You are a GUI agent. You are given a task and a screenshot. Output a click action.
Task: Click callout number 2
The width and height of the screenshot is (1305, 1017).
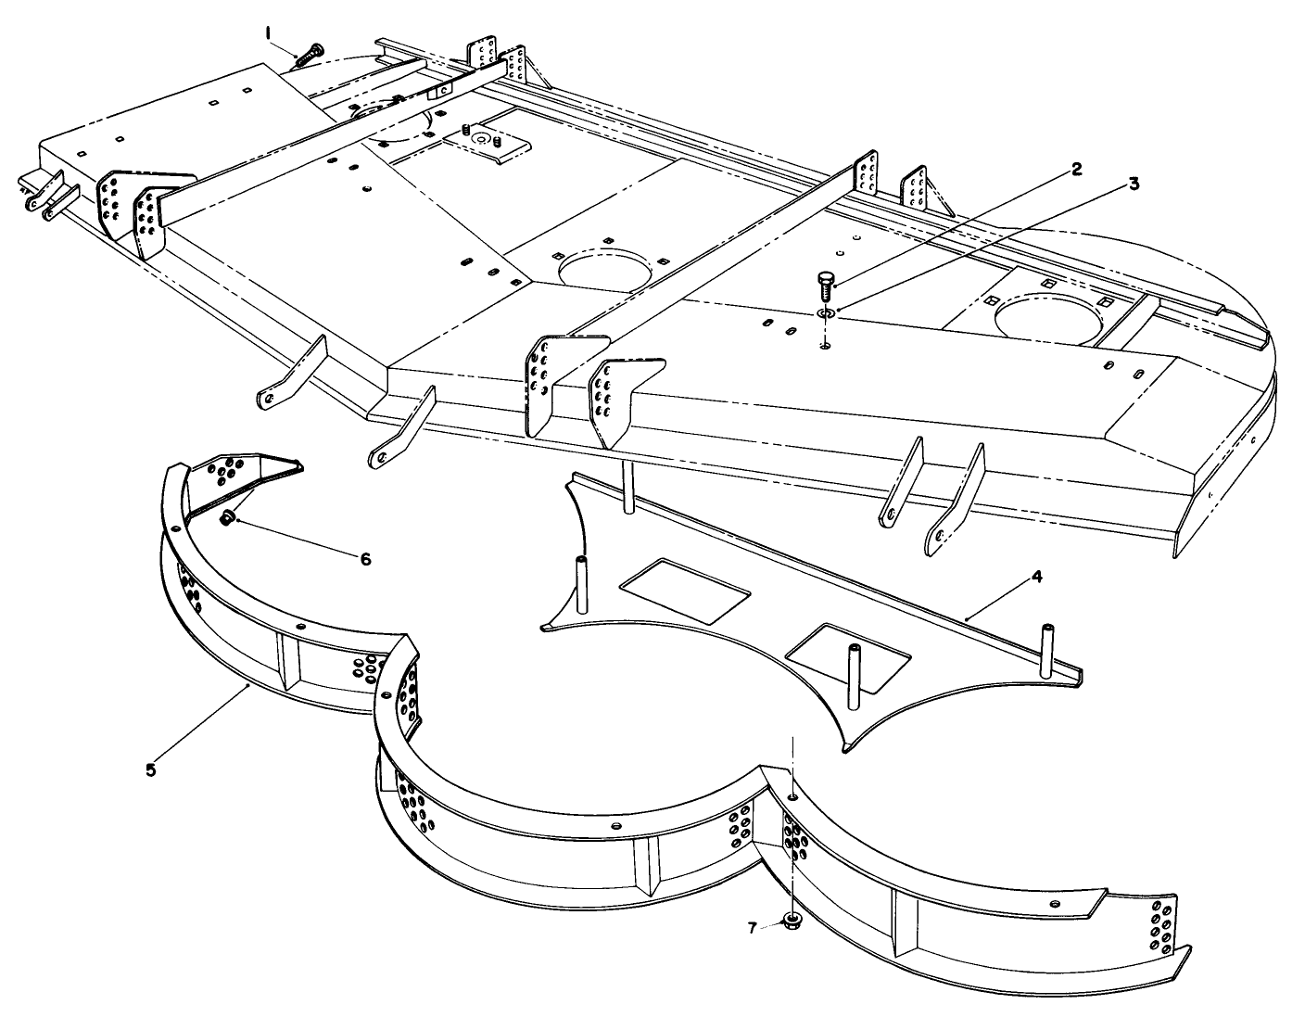coord(1076,170)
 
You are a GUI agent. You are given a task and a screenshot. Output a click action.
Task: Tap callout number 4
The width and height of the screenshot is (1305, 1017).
coord(1036,577)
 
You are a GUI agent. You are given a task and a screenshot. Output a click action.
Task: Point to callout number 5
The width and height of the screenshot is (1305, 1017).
coord(151,769)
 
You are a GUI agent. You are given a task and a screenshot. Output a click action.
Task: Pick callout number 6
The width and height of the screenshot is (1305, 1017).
coord(365,559)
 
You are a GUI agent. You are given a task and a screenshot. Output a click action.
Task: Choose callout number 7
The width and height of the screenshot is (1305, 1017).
coord(752,929)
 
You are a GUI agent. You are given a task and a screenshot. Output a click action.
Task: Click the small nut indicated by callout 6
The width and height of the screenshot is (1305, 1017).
coord(227,517)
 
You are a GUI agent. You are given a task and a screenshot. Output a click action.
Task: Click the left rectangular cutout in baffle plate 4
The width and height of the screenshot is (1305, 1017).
coord(685,591)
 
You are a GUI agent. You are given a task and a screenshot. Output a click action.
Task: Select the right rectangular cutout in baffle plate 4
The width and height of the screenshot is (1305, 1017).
coord(848,657)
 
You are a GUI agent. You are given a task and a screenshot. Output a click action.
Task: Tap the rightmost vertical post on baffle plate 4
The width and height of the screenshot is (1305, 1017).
coord(1046,651)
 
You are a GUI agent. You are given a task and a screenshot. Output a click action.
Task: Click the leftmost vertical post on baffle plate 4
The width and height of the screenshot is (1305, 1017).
coord(581,584)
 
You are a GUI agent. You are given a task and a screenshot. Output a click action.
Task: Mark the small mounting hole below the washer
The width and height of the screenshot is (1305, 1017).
coord(825,346)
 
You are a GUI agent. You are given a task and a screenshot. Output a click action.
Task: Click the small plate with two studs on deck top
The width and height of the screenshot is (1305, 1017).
coord(487,145)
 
